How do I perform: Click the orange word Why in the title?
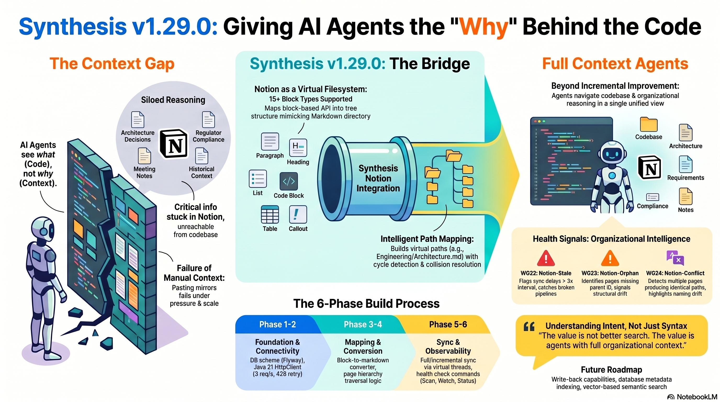click(x=483, y=26)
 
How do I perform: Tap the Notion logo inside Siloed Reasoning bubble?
click(x=173, y=144)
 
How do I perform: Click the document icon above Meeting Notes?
click(x=144, y=156)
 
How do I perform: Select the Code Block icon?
click(x=289, y=181)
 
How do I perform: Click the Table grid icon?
click(x=270, y=214)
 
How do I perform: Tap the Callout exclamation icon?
click(x=298, y=214)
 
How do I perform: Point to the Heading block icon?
click(x=298, y=147)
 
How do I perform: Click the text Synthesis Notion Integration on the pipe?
click(x=378, y=178)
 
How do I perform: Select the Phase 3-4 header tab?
click(x=363, y=324)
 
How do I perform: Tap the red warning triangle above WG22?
click(x=545, y=258)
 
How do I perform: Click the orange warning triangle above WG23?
click(x=610, y=258)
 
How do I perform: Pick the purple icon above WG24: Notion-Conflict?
click(x=675, y=258)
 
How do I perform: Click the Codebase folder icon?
click(x=649, y=124)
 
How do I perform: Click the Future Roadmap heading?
click(x=611, y=370)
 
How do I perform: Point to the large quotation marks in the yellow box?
click(x=529, y=327)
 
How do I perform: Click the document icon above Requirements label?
click(x=685, y=164)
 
